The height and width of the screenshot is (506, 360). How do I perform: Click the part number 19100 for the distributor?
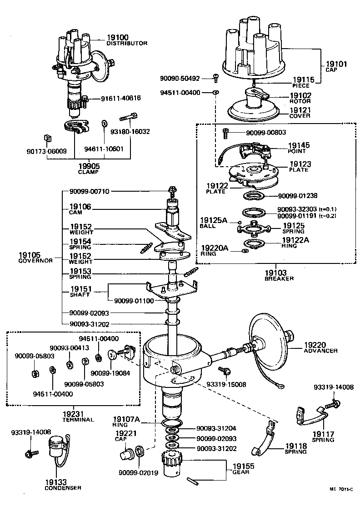pyautogui.click(x=117, y=37)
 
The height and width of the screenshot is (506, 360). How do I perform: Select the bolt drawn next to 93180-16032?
pyautogui.click(x=128, y=118)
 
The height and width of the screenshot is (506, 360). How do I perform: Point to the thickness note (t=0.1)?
pyautogui.click(x=327, y=209)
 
